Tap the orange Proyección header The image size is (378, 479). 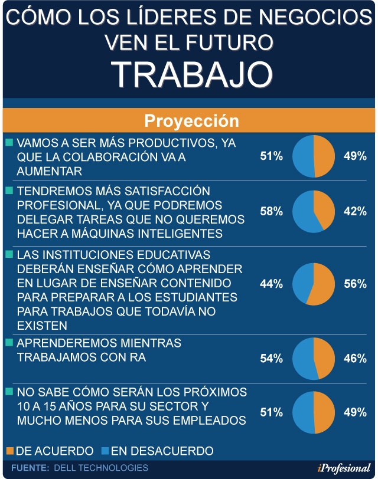[189, 121]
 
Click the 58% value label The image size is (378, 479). [271, 211]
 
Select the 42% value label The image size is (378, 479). [355, 211]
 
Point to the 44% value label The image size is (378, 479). [271, 284]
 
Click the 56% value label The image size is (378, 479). [355, 284]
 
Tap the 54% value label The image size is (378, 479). [271, 358]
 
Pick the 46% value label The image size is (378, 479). [355, 358]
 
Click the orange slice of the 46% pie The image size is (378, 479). [325, 358]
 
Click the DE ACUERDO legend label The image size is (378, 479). [54, 451]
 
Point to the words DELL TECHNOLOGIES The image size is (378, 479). [101, 468]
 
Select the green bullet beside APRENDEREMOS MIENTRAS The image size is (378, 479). [8, 342]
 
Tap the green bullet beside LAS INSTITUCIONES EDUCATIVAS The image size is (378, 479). [8, 254]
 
